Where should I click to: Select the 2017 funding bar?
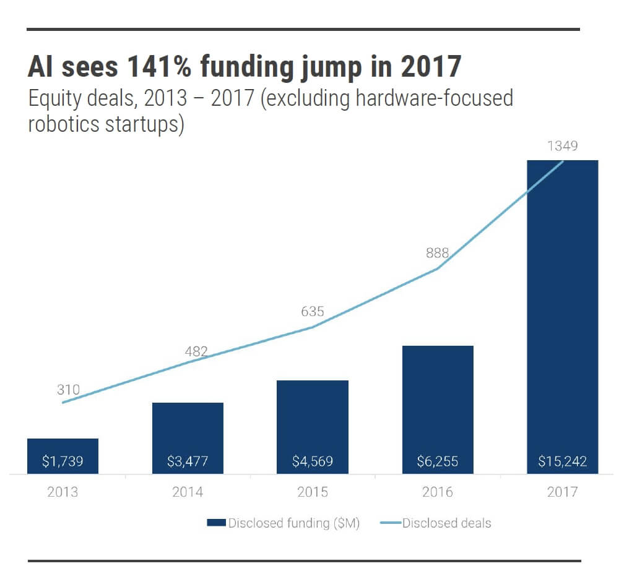[x=562, y=309]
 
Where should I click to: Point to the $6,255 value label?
[x=438, y=461]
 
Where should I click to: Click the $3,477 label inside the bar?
[x=188, y=461]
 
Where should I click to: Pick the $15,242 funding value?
[x=562, y=461]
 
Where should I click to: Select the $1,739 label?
[x=63, y=461]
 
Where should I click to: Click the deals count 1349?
[x=562, y=147]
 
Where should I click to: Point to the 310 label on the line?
[x=68, y=390]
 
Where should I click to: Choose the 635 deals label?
[x=313, y=312]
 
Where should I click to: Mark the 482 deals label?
[x=196, y=352]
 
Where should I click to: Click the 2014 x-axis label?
[x=188, y=492]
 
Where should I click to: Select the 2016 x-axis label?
[x=438, y=492]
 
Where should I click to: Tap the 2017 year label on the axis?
[x=562, y=492]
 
